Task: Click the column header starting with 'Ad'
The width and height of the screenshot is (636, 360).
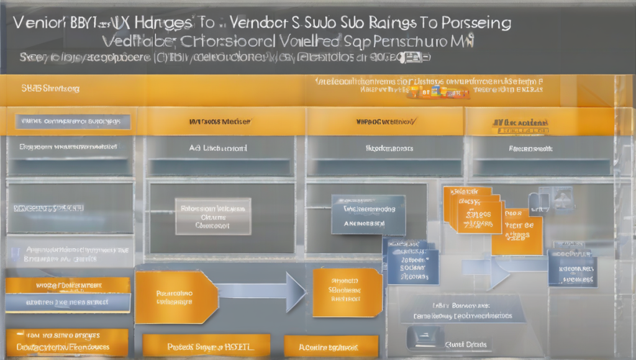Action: tap(218, 148)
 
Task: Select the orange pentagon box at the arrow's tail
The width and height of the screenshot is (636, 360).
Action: tap(175, 296)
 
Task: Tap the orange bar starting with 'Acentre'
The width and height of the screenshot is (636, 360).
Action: tap(330, 345)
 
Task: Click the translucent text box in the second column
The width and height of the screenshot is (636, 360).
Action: tap(212, 216)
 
